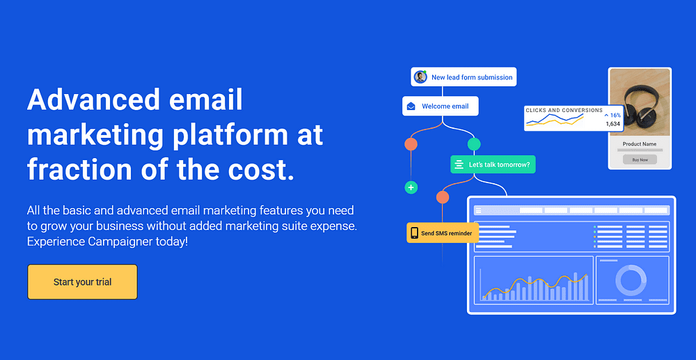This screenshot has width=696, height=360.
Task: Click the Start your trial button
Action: pos(83,282)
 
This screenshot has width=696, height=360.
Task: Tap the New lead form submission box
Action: pos(464,77)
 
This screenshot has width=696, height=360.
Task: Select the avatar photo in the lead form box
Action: pos(420,77)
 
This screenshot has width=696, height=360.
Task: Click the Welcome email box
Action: pos(441,106)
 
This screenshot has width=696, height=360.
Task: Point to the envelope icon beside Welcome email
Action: pos(411,106)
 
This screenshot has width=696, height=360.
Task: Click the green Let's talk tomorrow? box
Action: pos(493,165)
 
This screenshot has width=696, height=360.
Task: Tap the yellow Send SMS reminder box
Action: pos(443,233)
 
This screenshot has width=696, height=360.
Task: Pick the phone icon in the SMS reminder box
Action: pos(414,233)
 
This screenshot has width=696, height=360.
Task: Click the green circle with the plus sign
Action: pos(411,187)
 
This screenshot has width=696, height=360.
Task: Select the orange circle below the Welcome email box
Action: pos(411,144)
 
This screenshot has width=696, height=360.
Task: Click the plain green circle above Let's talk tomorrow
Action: pos(474,144)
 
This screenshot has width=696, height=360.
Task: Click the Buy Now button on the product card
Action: pos(640,159)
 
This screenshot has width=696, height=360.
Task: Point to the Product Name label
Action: pos(639,144)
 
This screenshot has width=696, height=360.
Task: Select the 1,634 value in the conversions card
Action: pos(613,124)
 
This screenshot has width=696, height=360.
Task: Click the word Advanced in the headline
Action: pos(93,100)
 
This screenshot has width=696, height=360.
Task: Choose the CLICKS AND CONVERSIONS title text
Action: pos(564,110)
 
